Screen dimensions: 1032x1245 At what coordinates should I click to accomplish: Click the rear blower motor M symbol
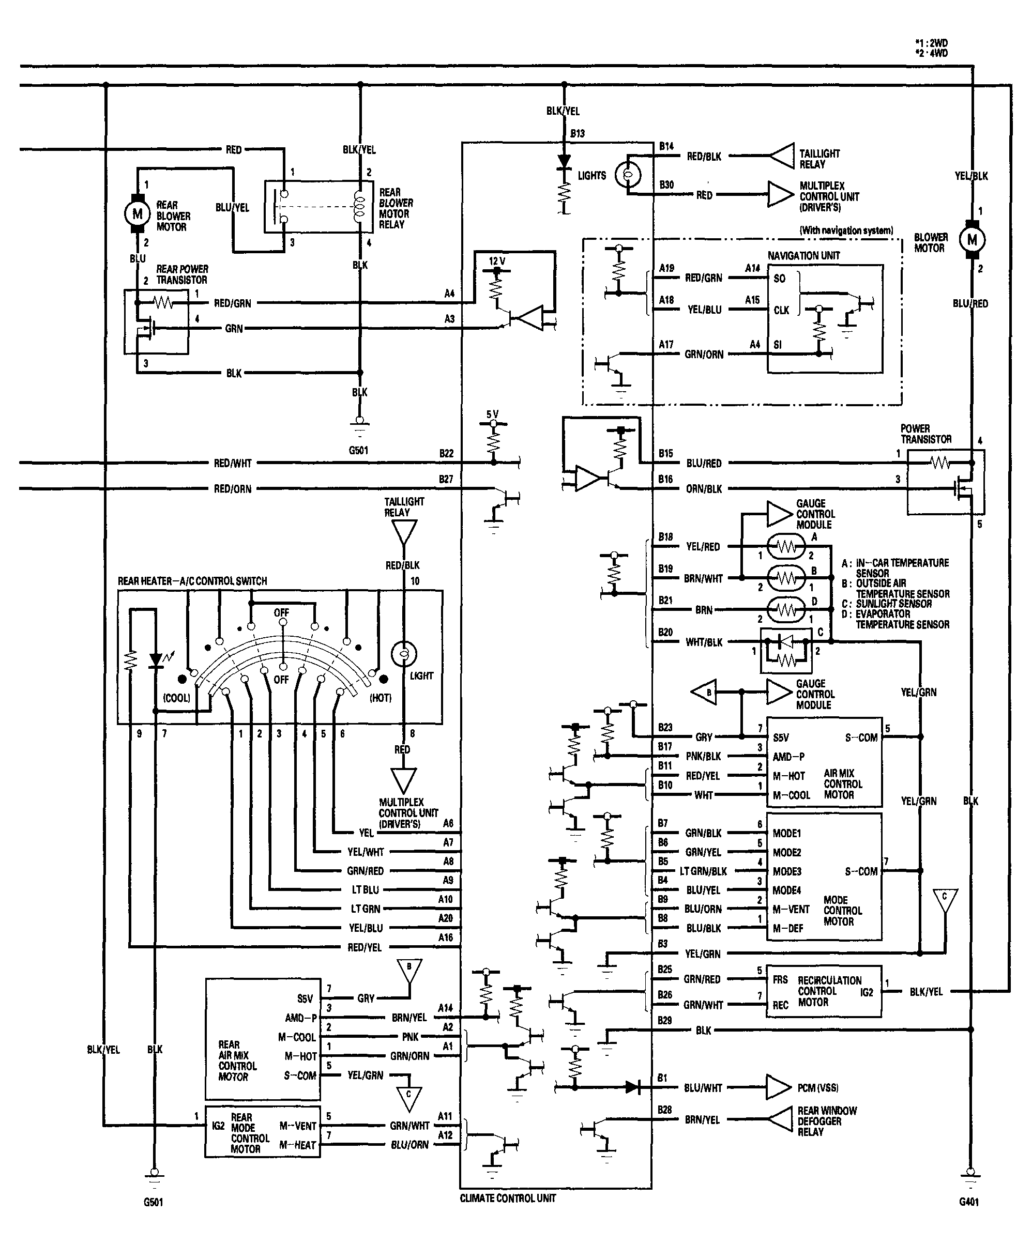137,213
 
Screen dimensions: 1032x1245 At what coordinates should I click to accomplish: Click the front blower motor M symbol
972,239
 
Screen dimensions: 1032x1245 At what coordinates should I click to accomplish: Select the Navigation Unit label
803,255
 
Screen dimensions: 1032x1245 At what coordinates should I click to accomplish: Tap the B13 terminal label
577,133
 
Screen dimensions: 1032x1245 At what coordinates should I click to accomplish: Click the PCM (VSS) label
818,1088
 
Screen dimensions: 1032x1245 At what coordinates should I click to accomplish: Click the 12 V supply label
497,261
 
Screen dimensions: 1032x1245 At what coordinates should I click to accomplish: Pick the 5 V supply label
492,414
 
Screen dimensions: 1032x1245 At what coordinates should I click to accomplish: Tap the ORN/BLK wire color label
704,489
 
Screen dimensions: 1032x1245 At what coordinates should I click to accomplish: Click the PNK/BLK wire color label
703,756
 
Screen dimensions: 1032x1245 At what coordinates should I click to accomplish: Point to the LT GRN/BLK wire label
703,871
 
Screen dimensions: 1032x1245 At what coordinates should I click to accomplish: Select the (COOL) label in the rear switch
177,698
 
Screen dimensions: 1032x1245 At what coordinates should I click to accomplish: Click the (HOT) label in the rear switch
380,698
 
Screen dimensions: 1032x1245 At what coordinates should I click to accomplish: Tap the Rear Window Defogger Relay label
827,1121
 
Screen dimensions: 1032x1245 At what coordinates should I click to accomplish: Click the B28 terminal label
665,1109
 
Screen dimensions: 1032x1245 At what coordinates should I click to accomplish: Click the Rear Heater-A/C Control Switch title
192,581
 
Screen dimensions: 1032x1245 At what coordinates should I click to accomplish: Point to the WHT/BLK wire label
704,642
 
